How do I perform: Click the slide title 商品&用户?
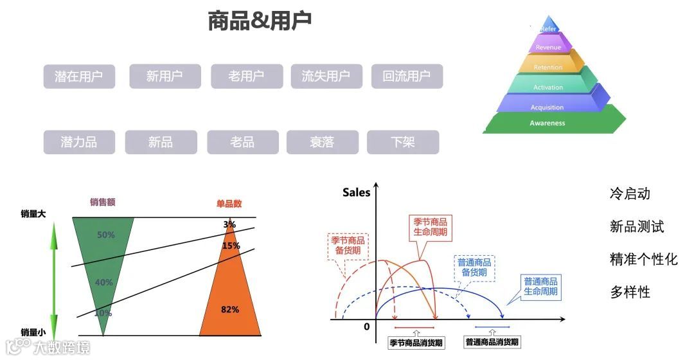pos(260,21)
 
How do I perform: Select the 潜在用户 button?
pos(79,76)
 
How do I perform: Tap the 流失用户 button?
pos(326,76)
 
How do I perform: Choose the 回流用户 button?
pos(406,76)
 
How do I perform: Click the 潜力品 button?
pos(79,142)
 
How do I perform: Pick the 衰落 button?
pos(322,142)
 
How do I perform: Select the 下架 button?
pos(403,142)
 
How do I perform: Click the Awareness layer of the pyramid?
pos(547,123)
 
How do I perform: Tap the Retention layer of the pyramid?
pos(548,67)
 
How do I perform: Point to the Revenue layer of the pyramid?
pos(548,47)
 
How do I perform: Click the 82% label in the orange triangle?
pos(230,309)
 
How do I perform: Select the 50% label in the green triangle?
pos(106,235)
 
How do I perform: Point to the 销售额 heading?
pos(103,202)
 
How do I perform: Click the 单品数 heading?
pos(229,204)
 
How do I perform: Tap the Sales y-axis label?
pos(356,192)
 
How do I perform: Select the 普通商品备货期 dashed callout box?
pos(474,267)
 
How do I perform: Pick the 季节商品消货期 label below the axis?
pos(416,343)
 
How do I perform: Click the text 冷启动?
pos(630,194)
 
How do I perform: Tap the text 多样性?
pos(630,292)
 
